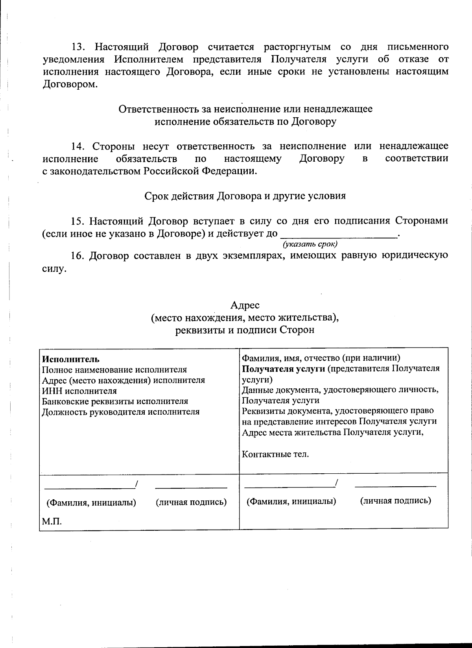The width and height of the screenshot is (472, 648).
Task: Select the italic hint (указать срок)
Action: click(310, 244)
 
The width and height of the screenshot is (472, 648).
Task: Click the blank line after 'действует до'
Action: click(339, 235)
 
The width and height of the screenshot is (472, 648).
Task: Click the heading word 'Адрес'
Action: click(245, 305)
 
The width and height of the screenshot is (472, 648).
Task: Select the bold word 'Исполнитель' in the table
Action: click(71, 359)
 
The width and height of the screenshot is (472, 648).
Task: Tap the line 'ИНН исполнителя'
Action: click(79, 391)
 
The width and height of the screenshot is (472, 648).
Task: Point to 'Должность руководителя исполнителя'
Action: click(121, 412)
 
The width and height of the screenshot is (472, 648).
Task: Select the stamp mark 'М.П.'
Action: click(52, 522)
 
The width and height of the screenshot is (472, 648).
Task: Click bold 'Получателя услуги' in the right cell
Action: click(283, 369)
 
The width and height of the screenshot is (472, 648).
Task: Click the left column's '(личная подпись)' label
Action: click(191, 502)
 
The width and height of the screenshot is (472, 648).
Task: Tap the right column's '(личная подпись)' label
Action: click(395, 500)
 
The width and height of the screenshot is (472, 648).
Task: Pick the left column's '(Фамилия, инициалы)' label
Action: click(91, 502)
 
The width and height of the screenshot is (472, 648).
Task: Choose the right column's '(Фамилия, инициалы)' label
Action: click(291, 501)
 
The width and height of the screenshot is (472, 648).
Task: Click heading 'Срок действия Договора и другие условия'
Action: click(245, 196)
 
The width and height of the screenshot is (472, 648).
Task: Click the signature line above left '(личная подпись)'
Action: click(191, 488)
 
